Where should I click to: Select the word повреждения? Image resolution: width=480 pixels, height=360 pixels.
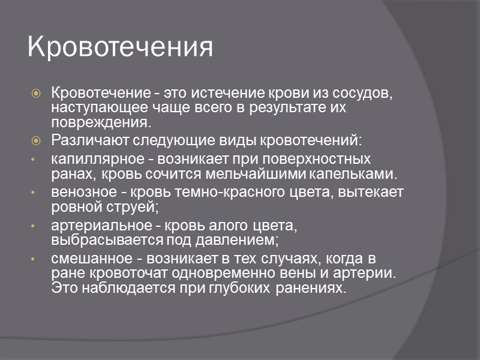98,122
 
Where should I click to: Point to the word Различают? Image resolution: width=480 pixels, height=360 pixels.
83,141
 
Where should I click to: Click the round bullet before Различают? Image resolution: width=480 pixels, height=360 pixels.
37,141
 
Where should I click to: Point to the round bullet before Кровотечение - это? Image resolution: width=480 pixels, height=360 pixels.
37,94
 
